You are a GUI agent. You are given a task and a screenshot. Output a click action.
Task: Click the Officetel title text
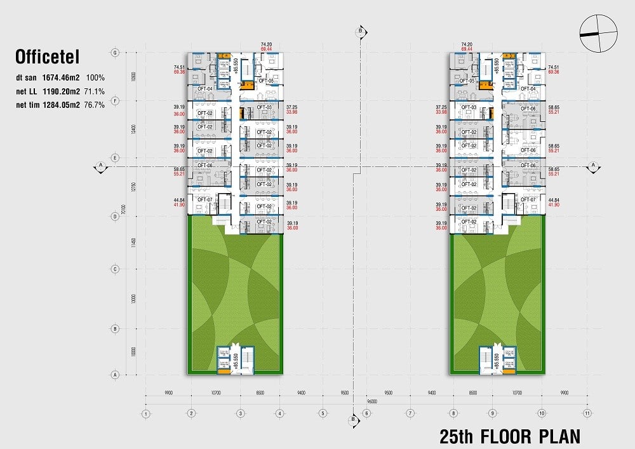[x=47, y=58]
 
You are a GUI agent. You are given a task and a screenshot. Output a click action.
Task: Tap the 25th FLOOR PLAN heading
[x=509, y=436]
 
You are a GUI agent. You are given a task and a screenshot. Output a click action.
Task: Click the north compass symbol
[x=598, y=34]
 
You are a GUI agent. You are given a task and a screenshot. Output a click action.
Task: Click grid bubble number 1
[x=146, y=414]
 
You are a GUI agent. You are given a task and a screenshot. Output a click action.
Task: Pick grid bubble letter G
[x=116, y=53]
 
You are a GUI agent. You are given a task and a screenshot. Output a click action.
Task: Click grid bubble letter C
[x=116, y=269]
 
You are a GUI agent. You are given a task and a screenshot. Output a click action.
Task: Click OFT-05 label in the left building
[x=265, y=81]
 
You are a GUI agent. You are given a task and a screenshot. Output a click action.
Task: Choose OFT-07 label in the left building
[x=204, y=199]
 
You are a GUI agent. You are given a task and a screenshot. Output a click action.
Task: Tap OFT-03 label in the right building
[x=469, y=107]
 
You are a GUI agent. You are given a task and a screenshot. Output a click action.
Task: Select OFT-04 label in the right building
[x=528, y=89]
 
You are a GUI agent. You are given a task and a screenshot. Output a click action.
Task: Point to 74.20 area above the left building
[x=266, y=44]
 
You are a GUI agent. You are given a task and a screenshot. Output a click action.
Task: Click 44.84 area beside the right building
[x=554, y=199]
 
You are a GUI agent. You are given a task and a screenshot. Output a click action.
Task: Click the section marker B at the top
[x=361, y=30]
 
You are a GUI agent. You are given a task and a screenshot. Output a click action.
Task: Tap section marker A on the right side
[x=592, y=166]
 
